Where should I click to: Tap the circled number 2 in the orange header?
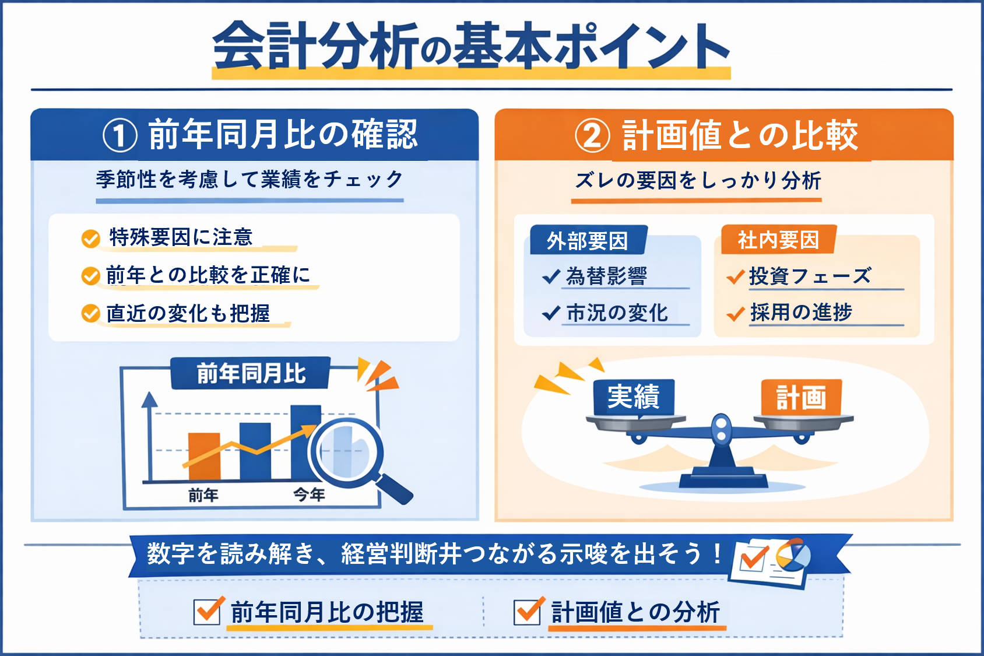tap(592, 136)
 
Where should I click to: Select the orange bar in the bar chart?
tap(204, 457)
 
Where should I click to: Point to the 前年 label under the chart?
tap(203, 495)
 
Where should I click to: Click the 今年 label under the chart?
tap(310, 494)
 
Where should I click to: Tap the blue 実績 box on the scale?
tap(634, 397)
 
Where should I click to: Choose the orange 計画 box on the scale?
tap(802, 397)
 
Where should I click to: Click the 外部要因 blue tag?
tap(588, 240)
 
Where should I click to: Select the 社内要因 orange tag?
tap(778, 240)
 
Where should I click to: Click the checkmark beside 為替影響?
tap(551, 276)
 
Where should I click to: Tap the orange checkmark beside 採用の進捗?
tap(735, 313)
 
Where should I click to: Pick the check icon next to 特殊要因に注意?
tap(91, 238)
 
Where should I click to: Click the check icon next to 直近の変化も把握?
tap(91, 313)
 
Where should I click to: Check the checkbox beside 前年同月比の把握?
tap(208, 611)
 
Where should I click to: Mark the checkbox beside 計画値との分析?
tap(529, 611)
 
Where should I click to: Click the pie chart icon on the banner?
tap(793, 555)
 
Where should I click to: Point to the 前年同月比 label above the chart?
tap(251, 373)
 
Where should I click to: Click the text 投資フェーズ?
tap(810, 276)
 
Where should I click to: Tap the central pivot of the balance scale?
tap(721, 428)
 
